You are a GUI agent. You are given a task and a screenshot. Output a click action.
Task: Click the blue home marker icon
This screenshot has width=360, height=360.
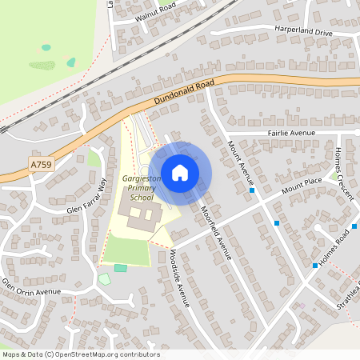point(180,172)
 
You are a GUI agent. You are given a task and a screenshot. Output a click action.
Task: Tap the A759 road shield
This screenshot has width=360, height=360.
point(41,164)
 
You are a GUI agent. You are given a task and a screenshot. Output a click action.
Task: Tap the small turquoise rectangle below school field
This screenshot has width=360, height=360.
point(120,267)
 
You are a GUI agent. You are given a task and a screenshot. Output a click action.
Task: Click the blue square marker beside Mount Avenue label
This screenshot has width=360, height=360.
point(252,190)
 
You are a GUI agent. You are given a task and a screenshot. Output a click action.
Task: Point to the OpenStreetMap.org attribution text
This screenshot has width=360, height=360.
point(80,354)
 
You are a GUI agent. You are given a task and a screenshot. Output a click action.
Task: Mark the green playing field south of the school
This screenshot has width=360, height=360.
point(126,250)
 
